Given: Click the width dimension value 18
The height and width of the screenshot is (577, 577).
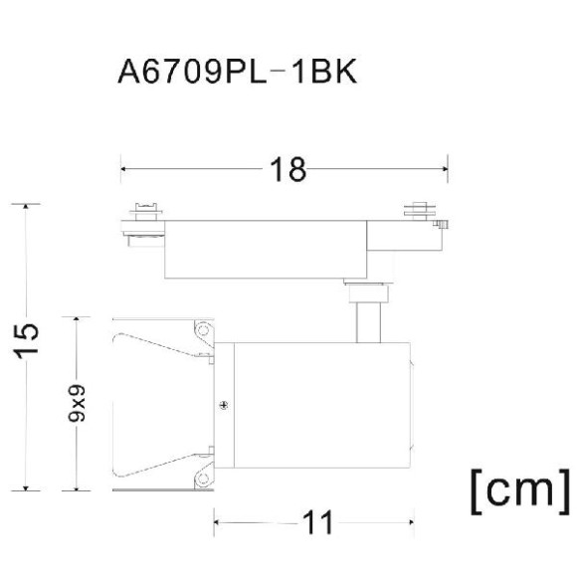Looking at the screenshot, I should point(286,169).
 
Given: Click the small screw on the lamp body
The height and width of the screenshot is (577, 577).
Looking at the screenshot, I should point(224,404).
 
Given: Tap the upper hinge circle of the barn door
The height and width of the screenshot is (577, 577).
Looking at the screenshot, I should point(204,328).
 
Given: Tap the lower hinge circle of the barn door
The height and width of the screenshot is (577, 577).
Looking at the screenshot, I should point(204,479).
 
